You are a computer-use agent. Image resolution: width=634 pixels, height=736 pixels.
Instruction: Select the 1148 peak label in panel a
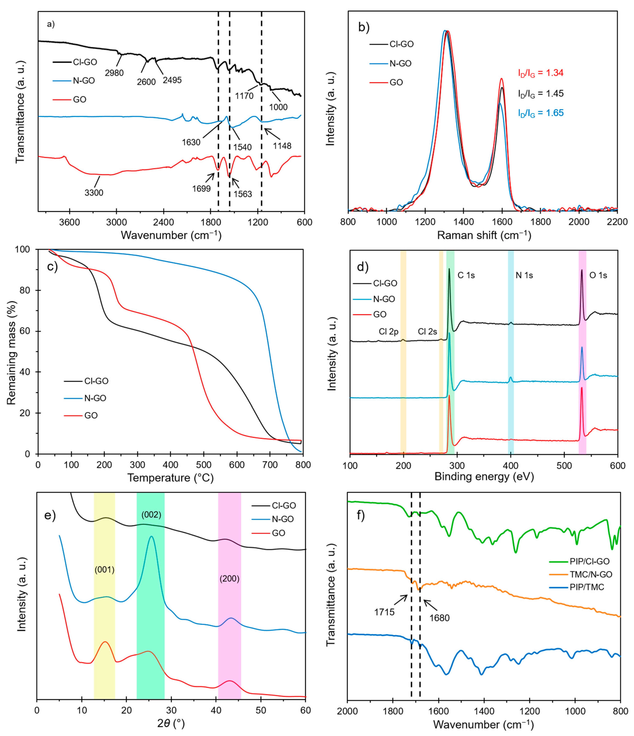(x=282, y=146)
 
